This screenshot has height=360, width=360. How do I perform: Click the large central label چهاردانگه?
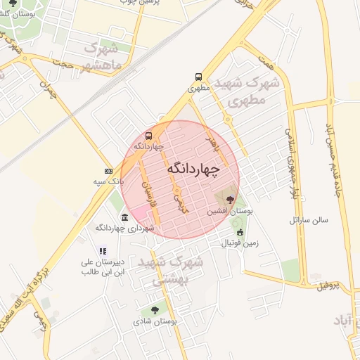click(193, 169)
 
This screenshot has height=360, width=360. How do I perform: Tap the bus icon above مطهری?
click(198, 77)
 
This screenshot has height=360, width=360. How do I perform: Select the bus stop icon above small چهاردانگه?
click(148, 136)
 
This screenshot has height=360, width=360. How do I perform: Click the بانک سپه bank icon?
click(108, 171)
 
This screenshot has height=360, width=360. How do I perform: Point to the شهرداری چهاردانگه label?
click(120, 228)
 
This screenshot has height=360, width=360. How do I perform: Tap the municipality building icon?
click(124, 217)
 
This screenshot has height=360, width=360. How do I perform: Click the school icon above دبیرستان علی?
click(103, 250)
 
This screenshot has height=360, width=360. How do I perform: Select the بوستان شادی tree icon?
click(154, 309)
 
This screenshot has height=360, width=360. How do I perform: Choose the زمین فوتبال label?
click(240, 243)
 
